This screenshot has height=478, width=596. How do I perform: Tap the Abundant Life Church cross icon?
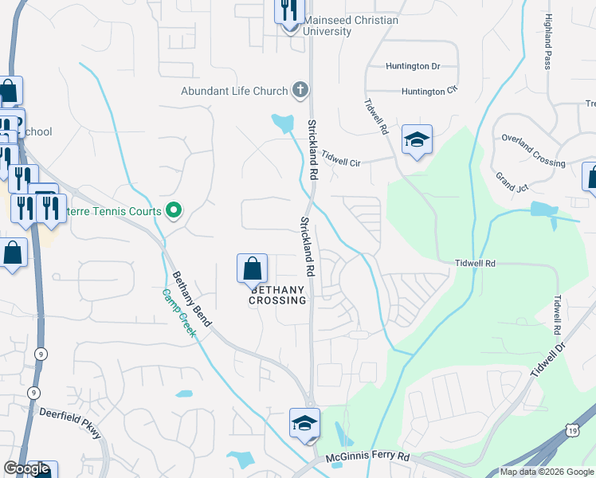300,89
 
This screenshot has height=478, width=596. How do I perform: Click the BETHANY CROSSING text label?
277,296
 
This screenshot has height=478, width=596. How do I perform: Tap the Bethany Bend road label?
192,300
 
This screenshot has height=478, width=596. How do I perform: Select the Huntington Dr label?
413,66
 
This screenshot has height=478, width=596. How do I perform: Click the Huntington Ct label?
430,92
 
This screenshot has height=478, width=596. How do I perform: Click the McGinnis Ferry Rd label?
367,457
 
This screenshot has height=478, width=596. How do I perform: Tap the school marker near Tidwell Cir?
417,141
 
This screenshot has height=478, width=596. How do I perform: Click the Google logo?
27,469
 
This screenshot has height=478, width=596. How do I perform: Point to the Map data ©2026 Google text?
546,472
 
